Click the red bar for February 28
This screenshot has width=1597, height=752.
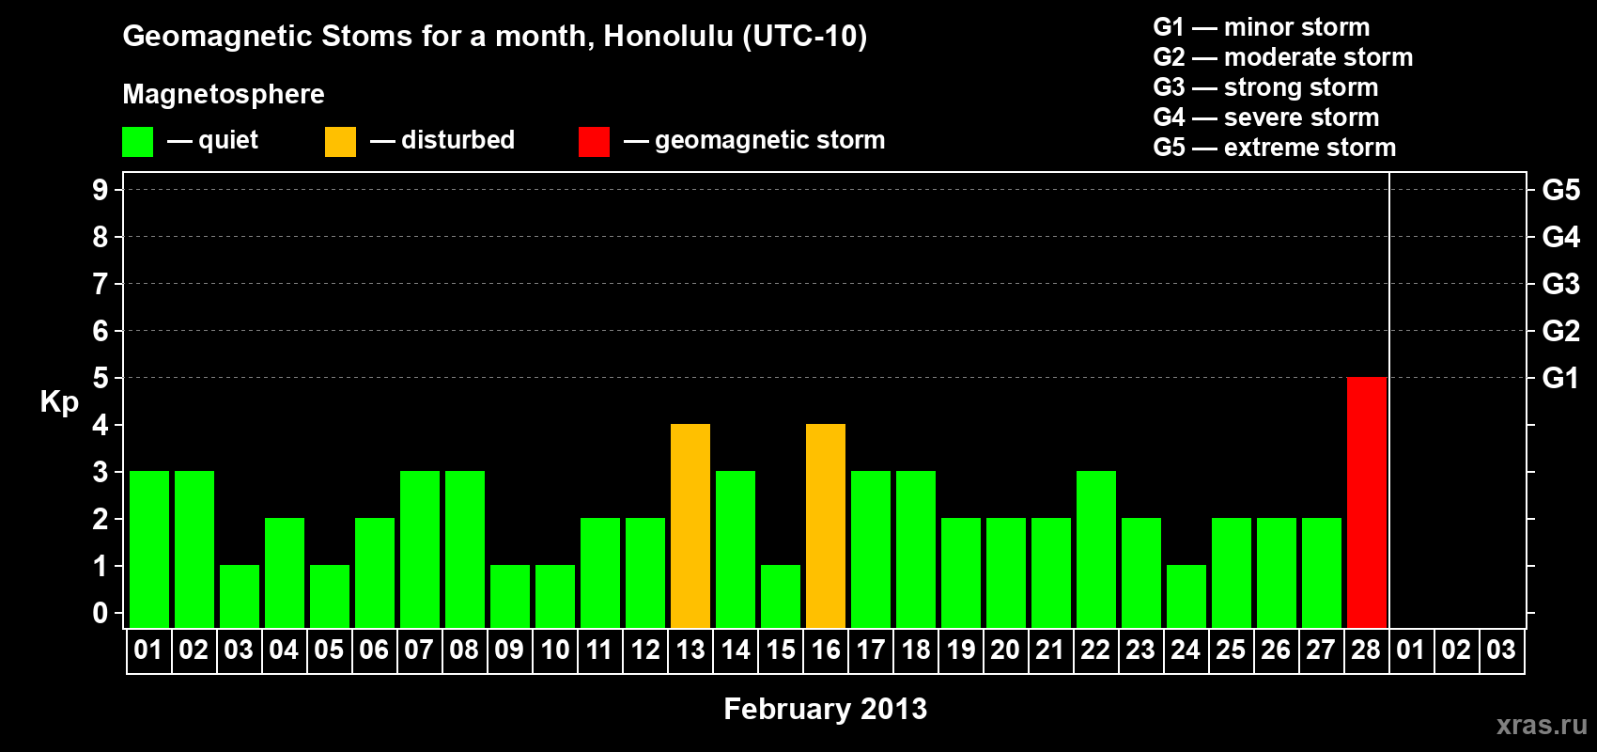[1367, 502]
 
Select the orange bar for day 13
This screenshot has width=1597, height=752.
[690, 525]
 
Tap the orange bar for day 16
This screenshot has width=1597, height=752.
[826, 525]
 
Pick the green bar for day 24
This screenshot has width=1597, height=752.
[1186, 597]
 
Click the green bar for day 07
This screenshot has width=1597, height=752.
[420, 549]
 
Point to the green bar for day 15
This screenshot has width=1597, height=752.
[781, 597]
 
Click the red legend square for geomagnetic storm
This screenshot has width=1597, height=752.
[595, 141]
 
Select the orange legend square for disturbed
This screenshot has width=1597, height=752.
[341, 141]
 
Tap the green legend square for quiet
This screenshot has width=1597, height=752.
[137, 141]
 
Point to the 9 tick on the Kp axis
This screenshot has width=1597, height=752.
[100, 190]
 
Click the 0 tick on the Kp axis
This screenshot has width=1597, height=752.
[100, 613]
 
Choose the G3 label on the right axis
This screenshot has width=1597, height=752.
[1561, 284]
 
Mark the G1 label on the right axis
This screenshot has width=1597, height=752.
[1561, 378]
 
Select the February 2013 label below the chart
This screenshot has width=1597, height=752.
[826, 709]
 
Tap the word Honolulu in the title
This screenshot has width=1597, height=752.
[668, 37]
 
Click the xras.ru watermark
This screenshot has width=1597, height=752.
[1542, 726]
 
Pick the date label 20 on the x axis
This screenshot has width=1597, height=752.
[1005, 650]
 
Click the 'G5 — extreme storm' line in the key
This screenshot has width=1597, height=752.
[1274, 148]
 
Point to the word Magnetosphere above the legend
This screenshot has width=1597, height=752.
[224, 94]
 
